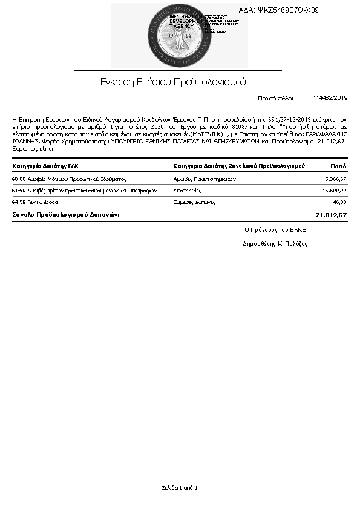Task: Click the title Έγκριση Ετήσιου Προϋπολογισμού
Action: point(172,82)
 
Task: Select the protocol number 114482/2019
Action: point(330,97)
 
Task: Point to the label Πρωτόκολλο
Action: point(275,98)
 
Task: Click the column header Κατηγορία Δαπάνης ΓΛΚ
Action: point(45,166)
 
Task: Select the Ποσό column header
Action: point(338,166)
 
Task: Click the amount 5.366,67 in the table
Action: point(335,179)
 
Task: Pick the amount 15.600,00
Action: point(333,191)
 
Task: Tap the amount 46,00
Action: point(339,202)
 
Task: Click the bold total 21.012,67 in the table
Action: point(332,215)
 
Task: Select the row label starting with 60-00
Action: point(68,179)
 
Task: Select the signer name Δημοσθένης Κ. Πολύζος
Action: point(275,244)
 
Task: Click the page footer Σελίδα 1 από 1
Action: point(180,488)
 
